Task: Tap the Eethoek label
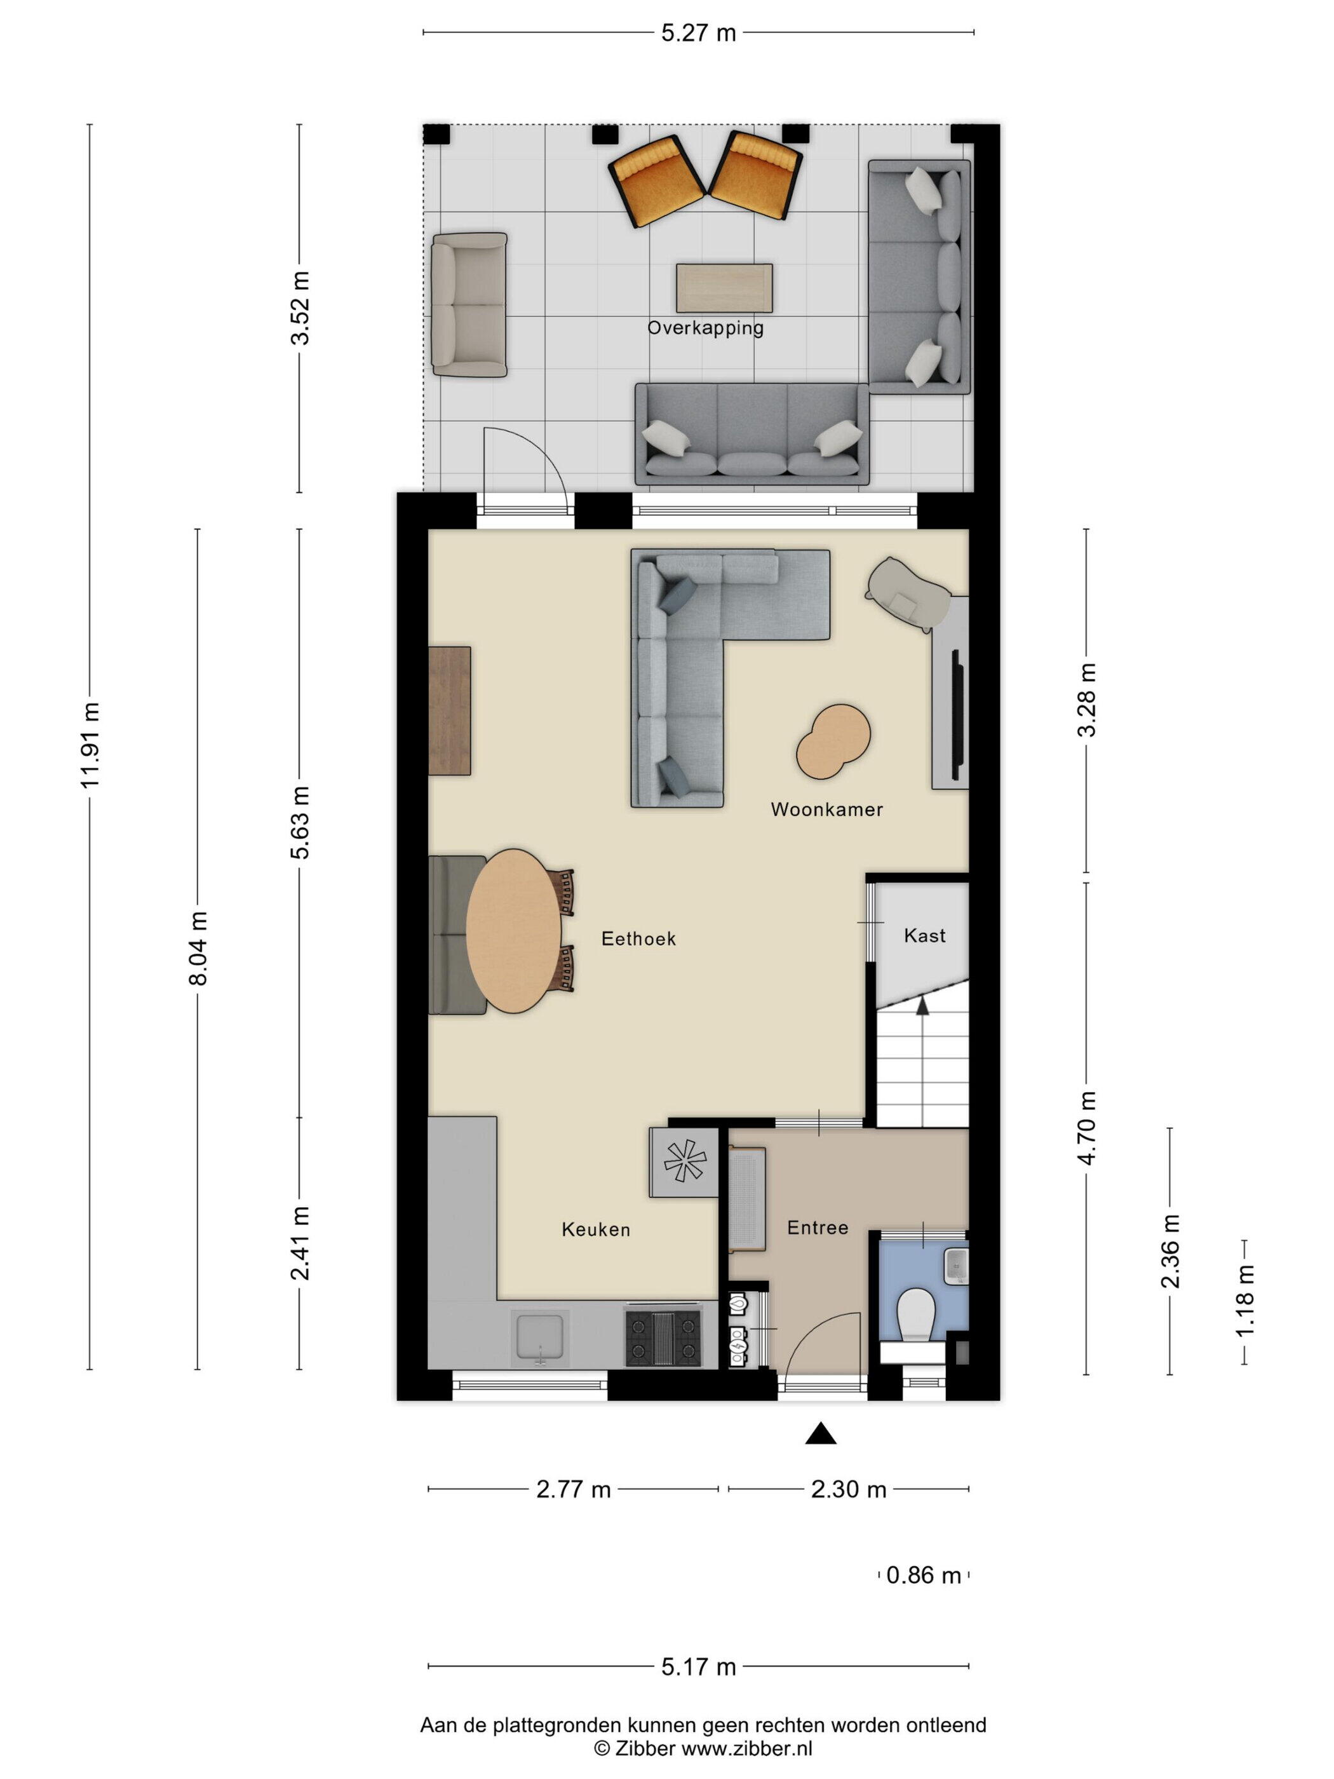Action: (638, 938)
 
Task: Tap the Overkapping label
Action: (705, 328)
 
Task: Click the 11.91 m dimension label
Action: (90, 745)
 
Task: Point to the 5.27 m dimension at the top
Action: (698, 33)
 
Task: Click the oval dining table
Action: (514, 931)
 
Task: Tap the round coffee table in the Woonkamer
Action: (833, 741)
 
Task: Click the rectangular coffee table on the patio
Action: (724, 288)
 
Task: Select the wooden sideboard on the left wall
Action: (450, 711)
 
